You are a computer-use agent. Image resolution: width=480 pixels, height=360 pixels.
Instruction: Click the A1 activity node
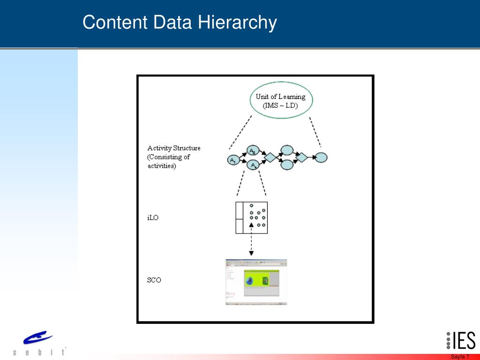[232, 160]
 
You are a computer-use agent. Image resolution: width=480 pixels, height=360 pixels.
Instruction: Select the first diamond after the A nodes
[270, 157]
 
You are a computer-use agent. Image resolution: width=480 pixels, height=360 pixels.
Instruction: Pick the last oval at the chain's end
[321, 157]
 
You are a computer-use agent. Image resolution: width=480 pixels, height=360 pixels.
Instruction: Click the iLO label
[153, 217]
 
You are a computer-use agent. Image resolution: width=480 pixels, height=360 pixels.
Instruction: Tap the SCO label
[154, 280]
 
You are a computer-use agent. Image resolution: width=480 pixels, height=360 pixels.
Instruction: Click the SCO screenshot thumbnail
[256, 282]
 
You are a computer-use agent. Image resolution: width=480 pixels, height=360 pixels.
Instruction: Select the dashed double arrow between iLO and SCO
[251, 240]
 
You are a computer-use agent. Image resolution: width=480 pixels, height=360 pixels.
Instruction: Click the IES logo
[460, 341]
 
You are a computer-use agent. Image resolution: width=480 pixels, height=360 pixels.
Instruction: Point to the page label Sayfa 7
[460, 357]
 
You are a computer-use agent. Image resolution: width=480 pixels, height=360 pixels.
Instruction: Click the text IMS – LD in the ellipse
[280, 105]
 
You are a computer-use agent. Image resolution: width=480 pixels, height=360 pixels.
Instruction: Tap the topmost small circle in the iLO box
[251, 205]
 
